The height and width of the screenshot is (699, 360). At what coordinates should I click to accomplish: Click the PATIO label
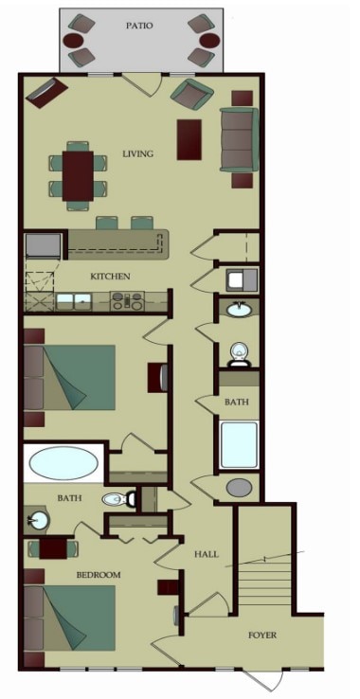pos(139,26)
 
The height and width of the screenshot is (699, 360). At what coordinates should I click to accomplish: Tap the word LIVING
pos(138,153)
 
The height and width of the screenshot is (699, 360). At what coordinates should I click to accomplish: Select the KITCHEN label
pos(110,277)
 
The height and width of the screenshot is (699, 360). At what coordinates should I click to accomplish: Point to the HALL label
pos(207,554)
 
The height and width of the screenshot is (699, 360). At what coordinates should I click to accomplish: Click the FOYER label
pos(262,635)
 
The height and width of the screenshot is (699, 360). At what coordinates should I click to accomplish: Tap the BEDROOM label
pos(99,575)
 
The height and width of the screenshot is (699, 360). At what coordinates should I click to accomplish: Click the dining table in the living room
pos(78,176)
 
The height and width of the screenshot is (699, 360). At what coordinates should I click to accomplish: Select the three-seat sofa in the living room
pos(239,139)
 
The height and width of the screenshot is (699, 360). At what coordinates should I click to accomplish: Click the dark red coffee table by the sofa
pos(189,139)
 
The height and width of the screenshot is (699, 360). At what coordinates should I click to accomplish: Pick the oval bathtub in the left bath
pos(63,463)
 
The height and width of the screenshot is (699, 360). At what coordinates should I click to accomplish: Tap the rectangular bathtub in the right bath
pos(240,444)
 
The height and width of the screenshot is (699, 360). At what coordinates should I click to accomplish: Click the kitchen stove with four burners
pos(127,301)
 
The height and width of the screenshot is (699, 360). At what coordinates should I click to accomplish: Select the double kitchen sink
pos(74,301)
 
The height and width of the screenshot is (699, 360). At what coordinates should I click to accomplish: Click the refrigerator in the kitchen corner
pos(43,245)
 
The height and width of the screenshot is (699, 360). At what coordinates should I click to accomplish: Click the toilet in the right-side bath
pos(239,355)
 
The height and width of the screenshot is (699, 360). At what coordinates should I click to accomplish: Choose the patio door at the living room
pos(142,84)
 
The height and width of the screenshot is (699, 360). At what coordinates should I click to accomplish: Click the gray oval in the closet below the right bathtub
pos(239,487)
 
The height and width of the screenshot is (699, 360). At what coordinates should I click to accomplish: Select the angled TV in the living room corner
pos(46,93)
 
